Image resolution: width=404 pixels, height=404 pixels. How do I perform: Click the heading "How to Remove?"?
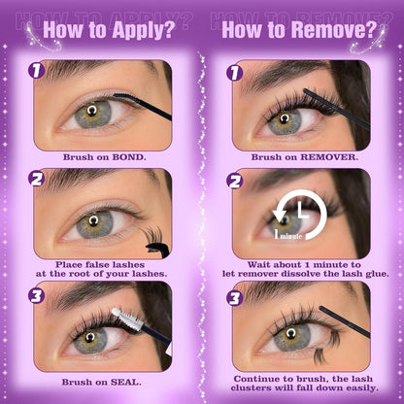pos(297,29)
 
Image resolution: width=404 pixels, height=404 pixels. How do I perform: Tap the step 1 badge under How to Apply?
pos(36,70)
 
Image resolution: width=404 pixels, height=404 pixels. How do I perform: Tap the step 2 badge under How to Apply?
pos(36,180)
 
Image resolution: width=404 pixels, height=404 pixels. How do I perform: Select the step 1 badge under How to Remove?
pos(234,71)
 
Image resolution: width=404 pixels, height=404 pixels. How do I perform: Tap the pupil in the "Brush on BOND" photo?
pos(92,110)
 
